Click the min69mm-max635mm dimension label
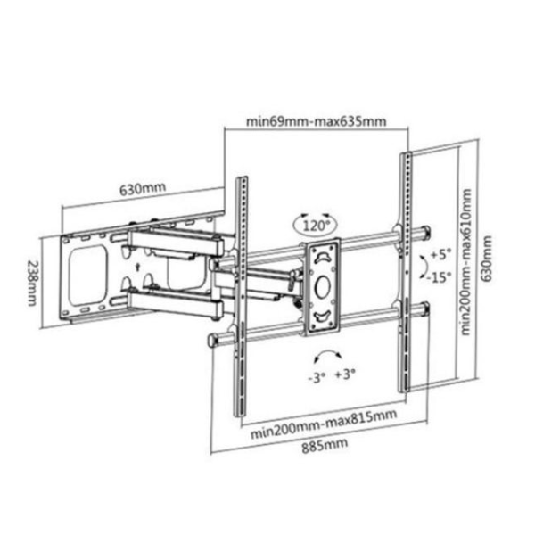(x=317, y=121)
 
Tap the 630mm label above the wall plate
(x=143, y=188)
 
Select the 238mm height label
(x=32, y=284)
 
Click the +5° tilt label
(x=440, y=254)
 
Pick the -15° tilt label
(x=440, y=277)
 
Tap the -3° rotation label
(x=317, y=378)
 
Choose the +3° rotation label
(x=345, y=374)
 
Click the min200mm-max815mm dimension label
(x=324, y=424)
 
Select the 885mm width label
(x=325, y=446)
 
